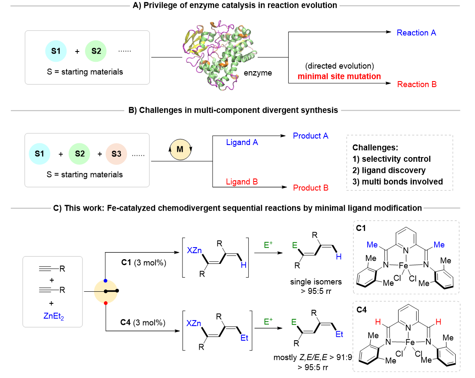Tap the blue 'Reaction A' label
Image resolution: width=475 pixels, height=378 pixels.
coord(416,33)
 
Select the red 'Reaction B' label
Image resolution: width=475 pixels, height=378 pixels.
coord(417,84)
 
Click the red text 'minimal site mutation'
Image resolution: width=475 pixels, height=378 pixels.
coord(339,76)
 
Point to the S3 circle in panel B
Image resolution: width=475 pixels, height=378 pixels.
coord(116,154)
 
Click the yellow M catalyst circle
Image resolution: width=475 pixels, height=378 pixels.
coord(180,149)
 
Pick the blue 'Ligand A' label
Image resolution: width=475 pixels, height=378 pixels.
coord(242,142)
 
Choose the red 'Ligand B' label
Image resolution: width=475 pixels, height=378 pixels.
coord(242,181)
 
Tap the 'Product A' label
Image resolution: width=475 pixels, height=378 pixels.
coord(311,136)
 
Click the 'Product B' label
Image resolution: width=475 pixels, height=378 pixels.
coord(311,187)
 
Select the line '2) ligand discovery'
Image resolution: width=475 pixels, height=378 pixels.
coord(389,170)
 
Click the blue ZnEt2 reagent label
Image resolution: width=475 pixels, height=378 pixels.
coord(54,316)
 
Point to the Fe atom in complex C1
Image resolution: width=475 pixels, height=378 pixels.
coord(404,266)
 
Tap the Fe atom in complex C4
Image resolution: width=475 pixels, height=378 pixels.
coord(410,342)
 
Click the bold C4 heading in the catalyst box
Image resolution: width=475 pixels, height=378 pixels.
coord(362,310)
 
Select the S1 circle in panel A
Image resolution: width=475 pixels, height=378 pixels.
coord(56,51)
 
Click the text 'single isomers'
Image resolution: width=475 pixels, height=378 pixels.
coord(316,282)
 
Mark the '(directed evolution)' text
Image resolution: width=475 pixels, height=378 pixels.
coord(339,66)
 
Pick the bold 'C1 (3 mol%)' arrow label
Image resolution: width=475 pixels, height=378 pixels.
coord(143,263)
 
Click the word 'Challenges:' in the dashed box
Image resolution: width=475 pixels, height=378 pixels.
coord(375,148)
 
